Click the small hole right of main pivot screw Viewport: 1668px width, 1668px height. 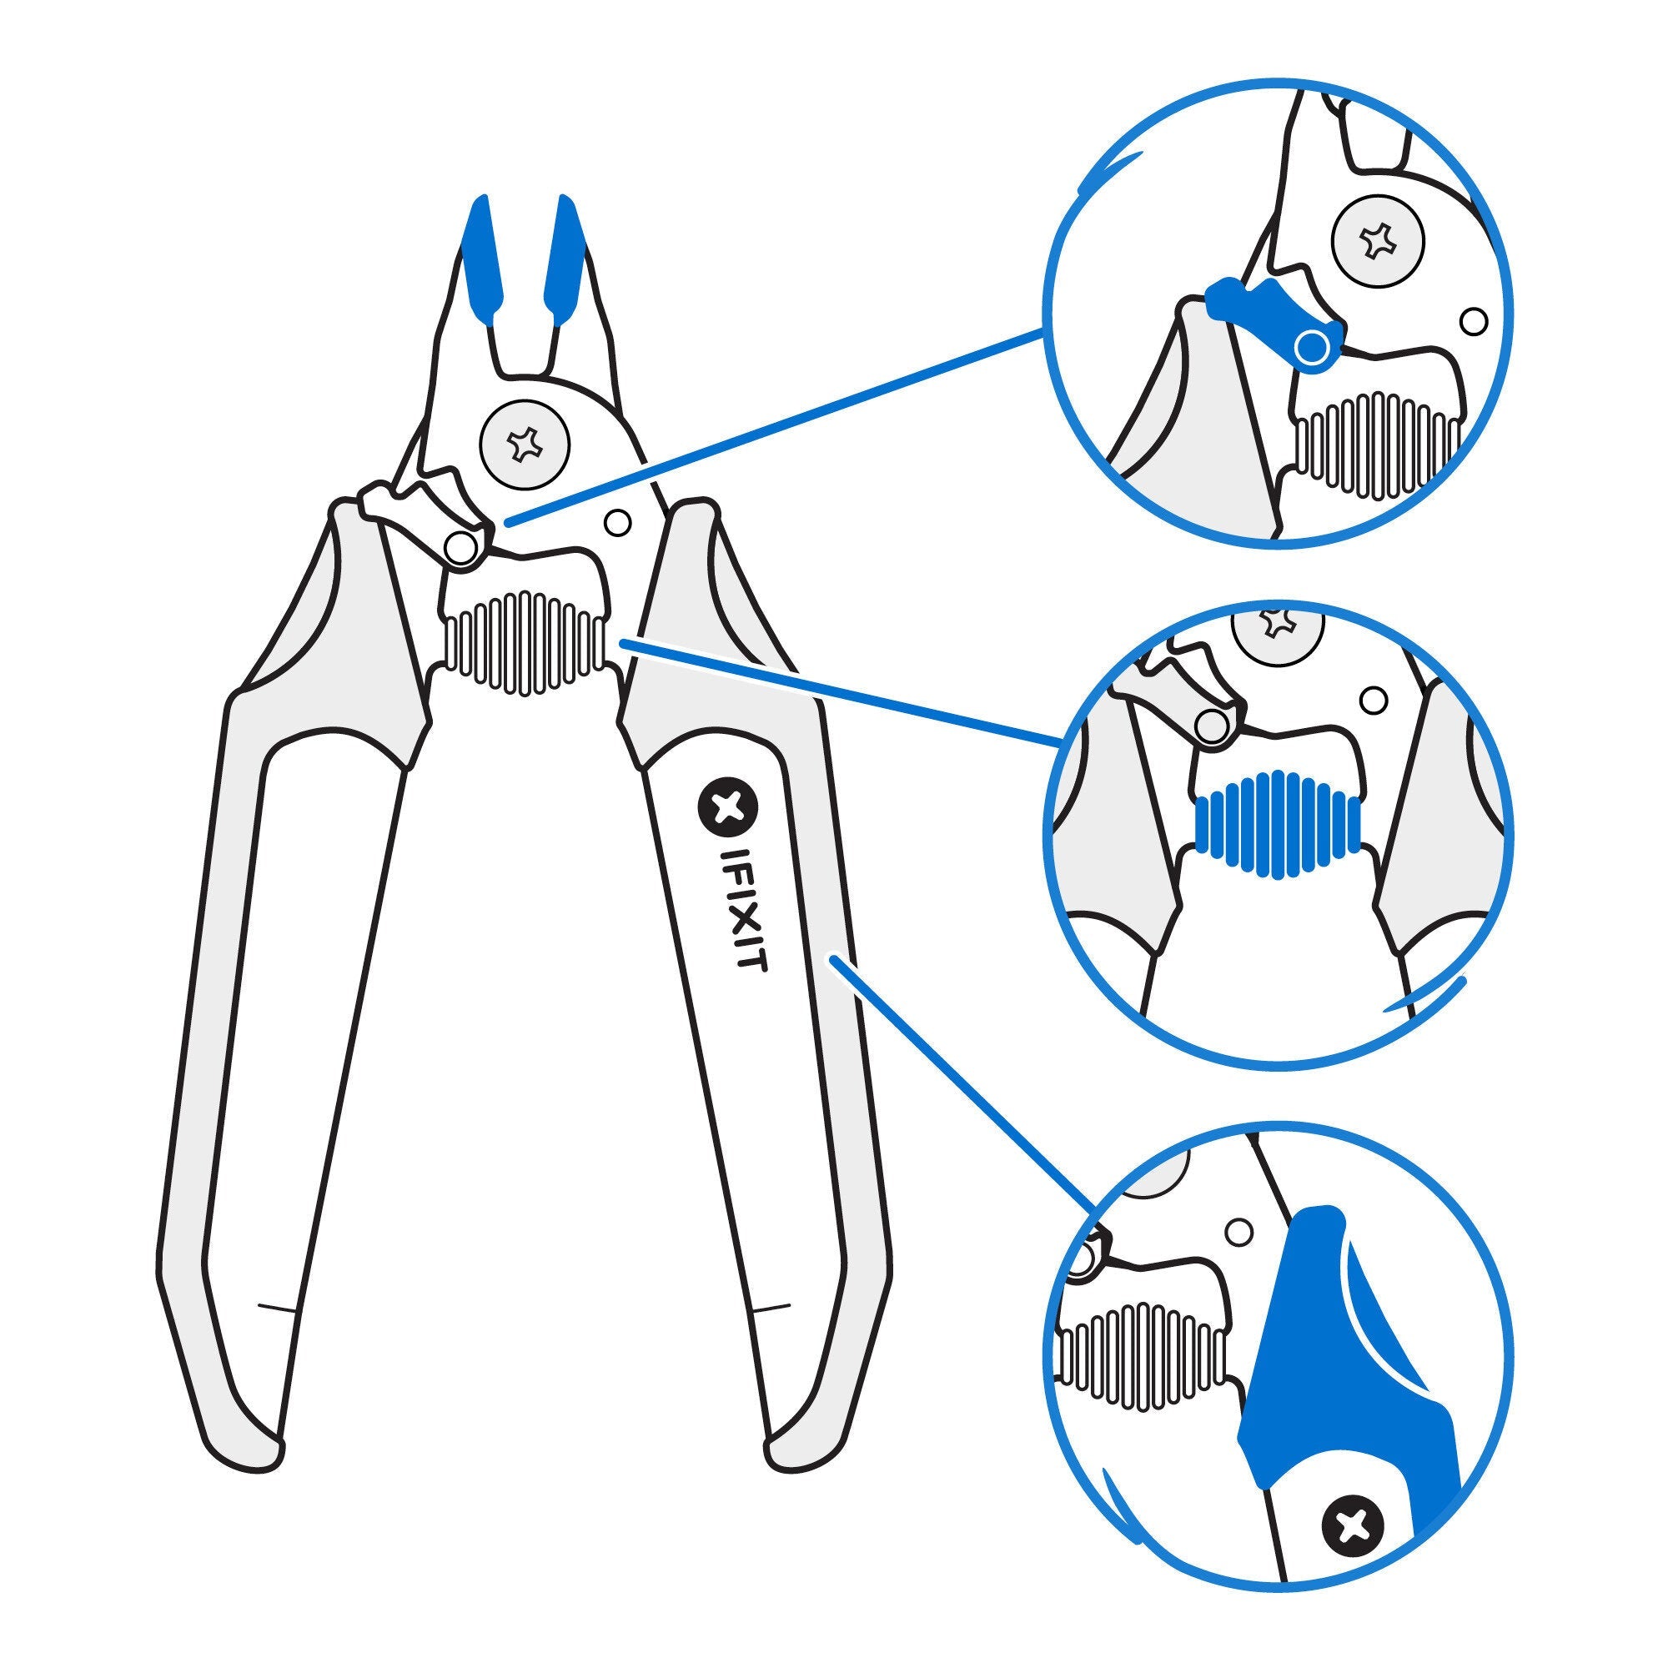coord(615,521)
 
